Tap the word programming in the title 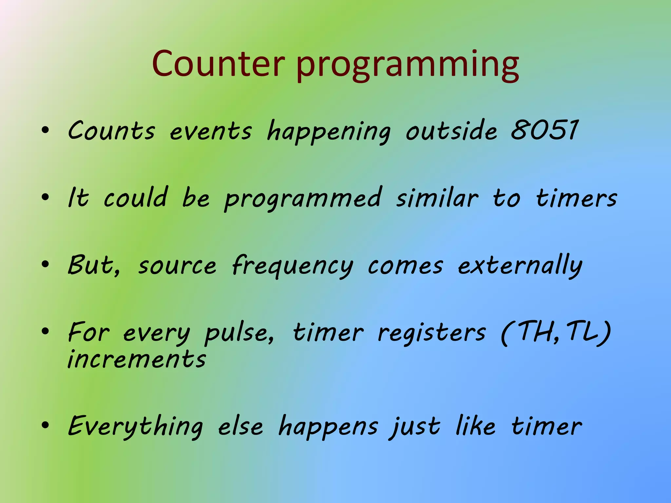point(407,65)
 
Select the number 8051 point(544,130)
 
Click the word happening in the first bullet point(329,132)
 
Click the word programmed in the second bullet point(303,199)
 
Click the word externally point(520,266)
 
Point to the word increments point(137,359)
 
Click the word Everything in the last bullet point(135,427)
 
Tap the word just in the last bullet point(414,427)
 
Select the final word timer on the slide point(546,426)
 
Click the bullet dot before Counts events point(45,131)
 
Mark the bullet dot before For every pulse point(45,332)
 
